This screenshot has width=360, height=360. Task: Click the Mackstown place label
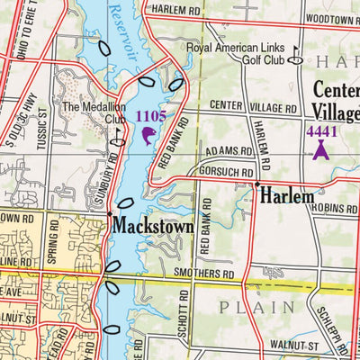point(153,228)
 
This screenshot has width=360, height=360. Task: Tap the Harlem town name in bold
point(288,195)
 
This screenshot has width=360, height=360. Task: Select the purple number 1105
point(150,116)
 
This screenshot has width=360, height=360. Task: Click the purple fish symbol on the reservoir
point(148,136)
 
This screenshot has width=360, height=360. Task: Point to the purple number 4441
point(320,131)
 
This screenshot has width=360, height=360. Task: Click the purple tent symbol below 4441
point(319,151)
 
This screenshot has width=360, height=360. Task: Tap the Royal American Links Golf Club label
point(238,53)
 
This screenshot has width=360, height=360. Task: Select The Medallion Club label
point(93,112)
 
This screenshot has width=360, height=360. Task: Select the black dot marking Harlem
point(256,184)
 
